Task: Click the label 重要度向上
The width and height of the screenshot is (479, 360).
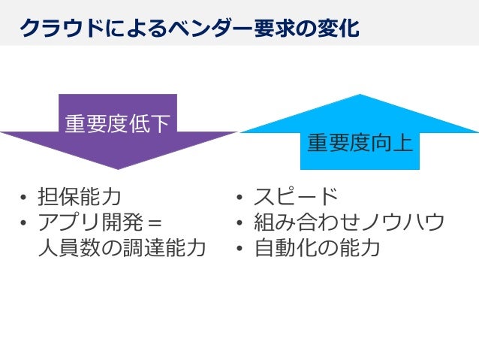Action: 360,143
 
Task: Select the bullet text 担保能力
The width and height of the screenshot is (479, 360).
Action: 80,198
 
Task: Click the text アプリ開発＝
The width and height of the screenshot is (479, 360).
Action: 101,222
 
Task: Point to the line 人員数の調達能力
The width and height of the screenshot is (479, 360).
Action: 122,247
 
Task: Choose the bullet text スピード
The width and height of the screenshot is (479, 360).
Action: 297,198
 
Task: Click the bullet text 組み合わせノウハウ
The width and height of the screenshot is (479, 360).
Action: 349,222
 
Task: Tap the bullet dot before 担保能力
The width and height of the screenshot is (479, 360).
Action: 24,198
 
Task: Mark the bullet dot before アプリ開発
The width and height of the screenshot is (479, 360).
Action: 24,223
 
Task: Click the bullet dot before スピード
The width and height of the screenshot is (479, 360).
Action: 239,198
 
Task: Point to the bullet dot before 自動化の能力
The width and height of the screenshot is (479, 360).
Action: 239,248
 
